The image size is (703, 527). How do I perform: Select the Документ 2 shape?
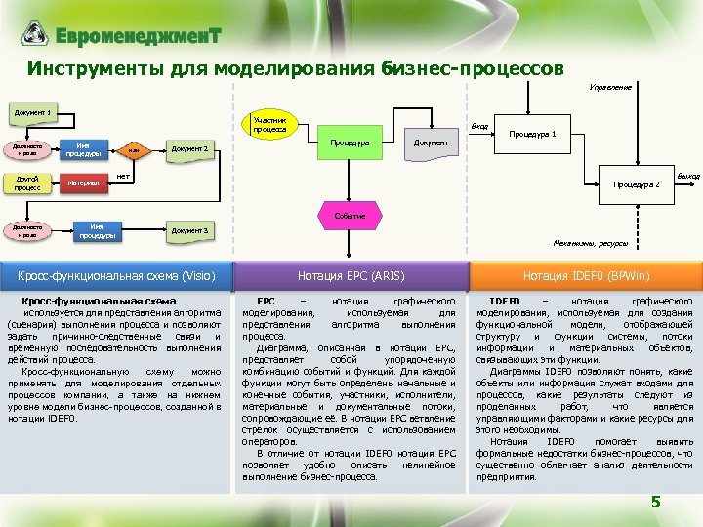tap(191, 148)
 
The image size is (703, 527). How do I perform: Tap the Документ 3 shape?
tap(191, 230)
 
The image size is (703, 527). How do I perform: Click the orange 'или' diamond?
tap(133, 149)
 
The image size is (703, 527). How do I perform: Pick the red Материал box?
tap(81, 182)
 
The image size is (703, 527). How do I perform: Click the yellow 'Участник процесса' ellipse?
tap(269, 123)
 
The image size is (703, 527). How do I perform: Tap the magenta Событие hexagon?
tap(351, 215)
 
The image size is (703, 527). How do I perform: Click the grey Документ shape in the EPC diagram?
tap(431, 142)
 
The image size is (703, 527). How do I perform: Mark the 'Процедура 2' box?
tap(636, 183)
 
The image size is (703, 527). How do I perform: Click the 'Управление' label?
tap(609, 87)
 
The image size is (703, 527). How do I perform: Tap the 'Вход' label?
tap(479, 127)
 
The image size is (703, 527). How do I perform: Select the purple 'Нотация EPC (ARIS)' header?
tap(351, 275)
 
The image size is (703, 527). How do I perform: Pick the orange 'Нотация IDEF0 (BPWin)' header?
tap(586, 275)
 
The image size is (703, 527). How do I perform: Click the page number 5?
tap(656, 503)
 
